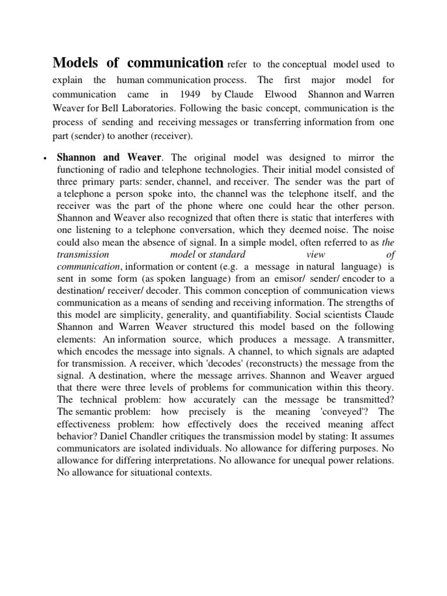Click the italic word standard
click(x=228, y=254)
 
